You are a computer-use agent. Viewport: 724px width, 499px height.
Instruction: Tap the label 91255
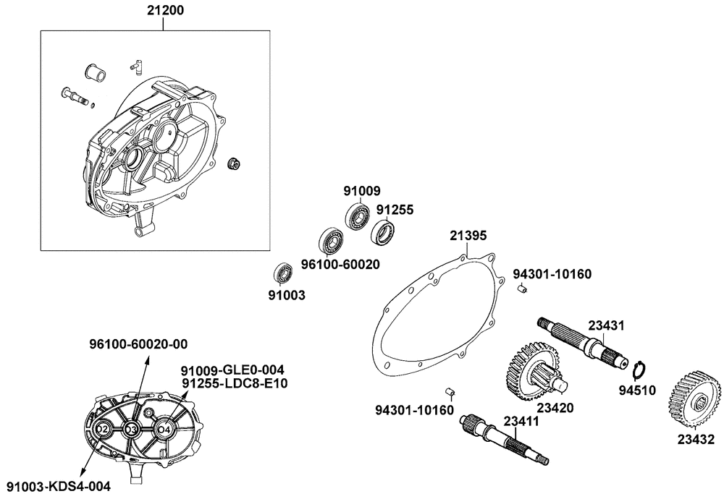(x=394, y=210)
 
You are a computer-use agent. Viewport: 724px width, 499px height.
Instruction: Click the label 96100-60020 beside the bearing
(x=340, y=265)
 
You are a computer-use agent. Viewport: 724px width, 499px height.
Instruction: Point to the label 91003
(x=287, y=295)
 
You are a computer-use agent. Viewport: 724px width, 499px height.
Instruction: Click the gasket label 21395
(x=468, y=236)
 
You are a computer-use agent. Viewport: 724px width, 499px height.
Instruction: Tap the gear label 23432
(x=696, y=439)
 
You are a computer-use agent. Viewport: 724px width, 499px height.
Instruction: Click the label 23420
(x=555, y=408)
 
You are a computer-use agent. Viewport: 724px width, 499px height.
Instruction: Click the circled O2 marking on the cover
(x=102, y=430)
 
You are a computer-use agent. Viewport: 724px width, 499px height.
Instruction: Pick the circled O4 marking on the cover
(x=164, y=430)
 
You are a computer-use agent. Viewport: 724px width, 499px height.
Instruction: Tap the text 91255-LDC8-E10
(x=235, y=383)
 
